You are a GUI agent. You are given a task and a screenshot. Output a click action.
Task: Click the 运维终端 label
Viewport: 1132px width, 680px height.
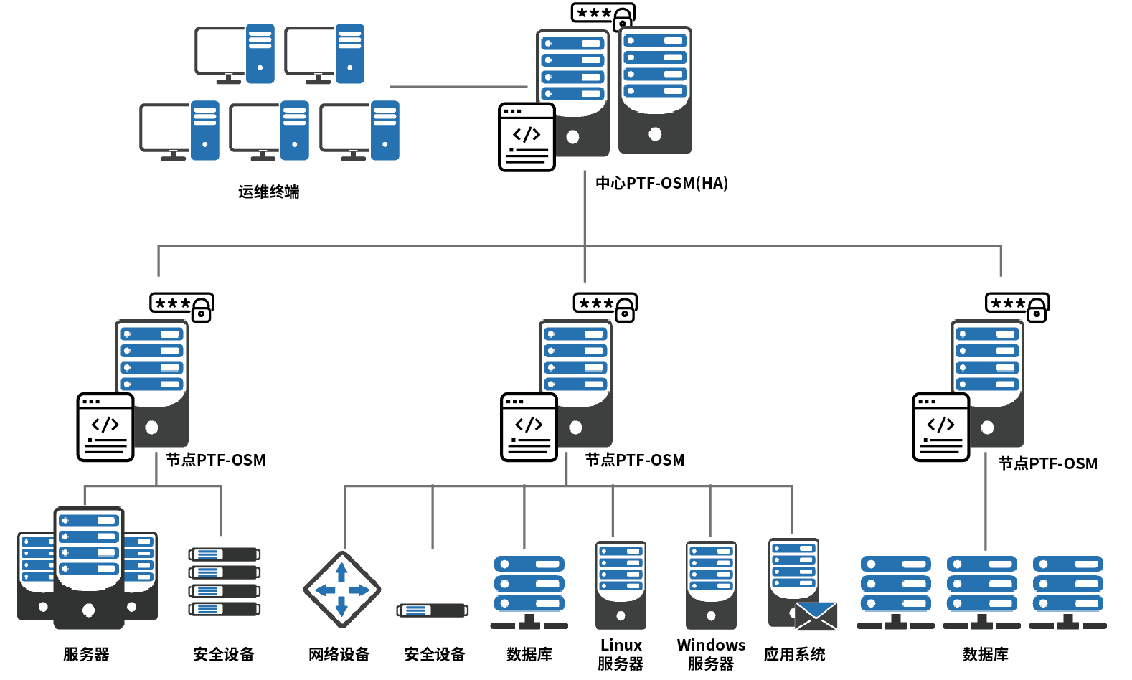(x=268, y=192)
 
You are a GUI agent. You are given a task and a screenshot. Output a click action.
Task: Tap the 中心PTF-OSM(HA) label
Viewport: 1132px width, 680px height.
(x=661, y=183)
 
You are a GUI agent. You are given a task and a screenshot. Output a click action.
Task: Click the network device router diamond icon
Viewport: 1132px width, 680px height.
(x=341, y=590)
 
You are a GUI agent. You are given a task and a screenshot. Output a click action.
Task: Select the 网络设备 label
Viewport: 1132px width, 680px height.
(x=339, y=654)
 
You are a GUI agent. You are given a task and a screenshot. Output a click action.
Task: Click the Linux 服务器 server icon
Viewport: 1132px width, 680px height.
(x=621, y=585)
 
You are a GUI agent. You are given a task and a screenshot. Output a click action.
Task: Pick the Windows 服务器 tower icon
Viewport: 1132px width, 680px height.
(x=711, y=585)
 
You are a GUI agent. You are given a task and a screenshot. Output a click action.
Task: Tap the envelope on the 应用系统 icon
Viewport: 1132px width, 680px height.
(x=816, y=615)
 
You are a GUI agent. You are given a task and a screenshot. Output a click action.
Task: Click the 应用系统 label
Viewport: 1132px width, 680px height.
(x=794, y=654)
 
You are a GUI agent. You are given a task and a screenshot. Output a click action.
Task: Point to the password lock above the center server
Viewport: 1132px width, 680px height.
(x=623, y=19)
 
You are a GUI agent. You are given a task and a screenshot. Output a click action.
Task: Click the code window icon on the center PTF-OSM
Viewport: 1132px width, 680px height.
(x=527, y=137)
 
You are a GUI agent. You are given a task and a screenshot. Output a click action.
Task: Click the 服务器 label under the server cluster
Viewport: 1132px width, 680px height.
(x=86, y=654)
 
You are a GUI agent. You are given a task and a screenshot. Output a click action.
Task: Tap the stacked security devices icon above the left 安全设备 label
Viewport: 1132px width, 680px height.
(x=224, y=582)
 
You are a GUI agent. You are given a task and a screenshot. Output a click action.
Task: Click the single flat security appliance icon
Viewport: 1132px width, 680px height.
(x=433, y=610)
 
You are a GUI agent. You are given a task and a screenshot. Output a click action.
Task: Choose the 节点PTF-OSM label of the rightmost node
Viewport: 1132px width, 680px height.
(x=1047, y=463)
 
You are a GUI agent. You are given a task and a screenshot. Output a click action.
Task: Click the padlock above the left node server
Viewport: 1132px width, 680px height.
(x=202, y=311)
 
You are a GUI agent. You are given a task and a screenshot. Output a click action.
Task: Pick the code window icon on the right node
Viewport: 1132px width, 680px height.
(x=940, y=427)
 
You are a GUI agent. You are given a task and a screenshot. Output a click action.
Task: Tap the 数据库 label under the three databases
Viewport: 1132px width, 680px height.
(x=985, y=654)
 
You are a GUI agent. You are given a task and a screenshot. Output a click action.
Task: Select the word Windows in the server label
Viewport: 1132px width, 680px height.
(x=711, y=645)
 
